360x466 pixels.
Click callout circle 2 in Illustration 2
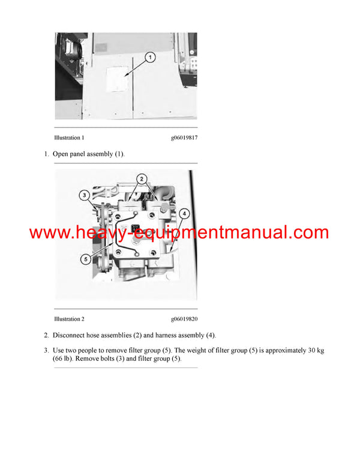(x=142, y=178)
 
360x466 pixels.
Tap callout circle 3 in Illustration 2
(x=85, y=195)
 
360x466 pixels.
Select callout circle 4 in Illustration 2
(x=184, y=213)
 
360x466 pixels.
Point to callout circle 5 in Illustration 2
(x=87, y=259)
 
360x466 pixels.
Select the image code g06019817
(x=184, y=138)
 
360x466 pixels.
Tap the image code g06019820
(x=184, y=319)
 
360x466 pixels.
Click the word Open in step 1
(x=61, y=154)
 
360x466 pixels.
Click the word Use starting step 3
(x=59, y=350)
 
